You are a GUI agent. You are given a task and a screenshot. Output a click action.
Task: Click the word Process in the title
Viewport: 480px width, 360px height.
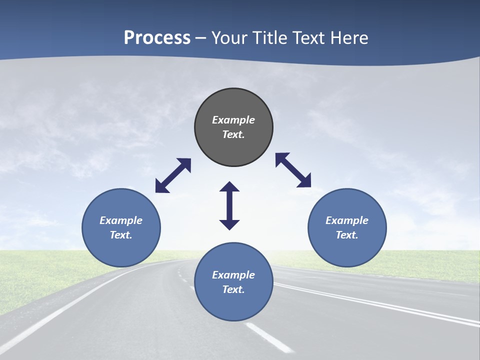tap(157, 37)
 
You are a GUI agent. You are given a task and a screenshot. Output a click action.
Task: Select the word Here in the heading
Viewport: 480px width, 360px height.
tap(349, 37)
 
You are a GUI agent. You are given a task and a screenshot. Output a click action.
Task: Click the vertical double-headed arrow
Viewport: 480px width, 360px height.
tap(229, 205)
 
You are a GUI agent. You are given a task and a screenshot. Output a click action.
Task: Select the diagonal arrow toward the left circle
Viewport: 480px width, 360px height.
tap(173, 175)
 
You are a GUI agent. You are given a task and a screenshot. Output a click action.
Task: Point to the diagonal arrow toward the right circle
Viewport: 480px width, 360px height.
tap(293, 170)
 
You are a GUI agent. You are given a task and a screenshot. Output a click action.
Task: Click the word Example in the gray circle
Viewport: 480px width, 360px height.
tap(233, 120)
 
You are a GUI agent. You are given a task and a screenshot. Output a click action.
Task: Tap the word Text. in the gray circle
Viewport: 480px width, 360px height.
tap(233, 134)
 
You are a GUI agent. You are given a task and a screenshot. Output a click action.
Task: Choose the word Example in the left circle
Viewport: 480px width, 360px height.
tap(121, 220)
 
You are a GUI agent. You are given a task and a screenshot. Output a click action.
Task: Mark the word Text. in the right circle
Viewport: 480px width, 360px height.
tap(347, 235)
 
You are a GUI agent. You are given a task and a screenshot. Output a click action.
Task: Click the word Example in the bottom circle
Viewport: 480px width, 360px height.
tap(233, 275)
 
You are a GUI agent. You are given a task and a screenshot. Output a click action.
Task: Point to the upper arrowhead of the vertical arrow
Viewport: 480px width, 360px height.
tap(229, 188)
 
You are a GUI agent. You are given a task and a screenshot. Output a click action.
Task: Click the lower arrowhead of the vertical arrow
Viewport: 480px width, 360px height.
tap(229, 223)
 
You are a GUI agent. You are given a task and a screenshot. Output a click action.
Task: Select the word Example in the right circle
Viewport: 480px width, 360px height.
tap(347, 220)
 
